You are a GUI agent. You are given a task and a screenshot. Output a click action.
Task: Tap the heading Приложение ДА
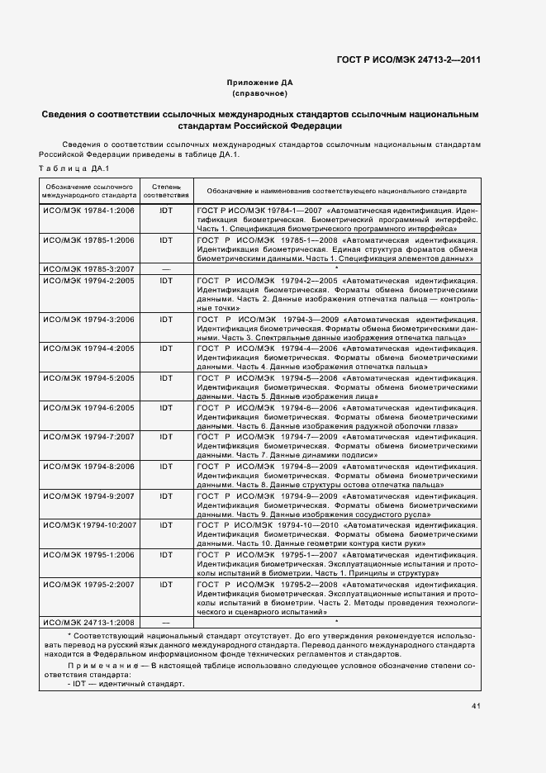[259, 83]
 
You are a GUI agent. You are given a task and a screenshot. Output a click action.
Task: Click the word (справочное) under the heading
[259, 94]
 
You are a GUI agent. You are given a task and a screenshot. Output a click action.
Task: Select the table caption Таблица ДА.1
[69, 169]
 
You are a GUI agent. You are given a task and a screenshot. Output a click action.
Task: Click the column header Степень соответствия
[166, 192]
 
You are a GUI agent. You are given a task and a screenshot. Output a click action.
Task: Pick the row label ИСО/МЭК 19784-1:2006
[88, 211]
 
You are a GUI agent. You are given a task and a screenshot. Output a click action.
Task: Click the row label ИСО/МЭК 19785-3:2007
[88, 268]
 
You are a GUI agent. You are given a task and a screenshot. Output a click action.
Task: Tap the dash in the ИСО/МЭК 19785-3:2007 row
[166, 268]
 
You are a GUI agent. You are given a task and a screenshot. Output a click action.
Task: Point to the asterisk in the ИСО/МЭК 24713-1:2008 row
[336, 619]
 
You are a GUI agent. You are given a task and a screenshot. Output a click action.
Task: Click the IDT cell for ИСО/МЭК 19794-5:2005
[166, 378]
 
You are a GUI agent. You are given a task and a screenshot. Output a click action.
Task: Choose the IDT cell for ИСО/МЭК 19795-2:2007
[166, 585]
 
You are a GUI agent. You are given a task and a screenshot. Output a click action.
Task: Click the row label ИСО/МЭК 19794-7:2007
[88, 436]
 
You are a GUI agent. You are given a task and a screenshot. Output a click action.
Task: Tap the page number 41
[477, 706]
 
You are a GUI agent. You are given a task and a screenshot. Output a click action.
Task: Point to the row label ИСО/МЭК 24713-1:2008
[88, 620]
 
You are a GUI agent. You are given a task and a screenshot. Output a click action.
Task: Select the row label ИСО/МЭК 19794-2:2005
[88, 281]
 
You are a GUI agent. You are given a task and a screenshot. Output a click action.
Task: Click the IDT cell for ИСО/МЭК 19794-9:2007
[166, 496]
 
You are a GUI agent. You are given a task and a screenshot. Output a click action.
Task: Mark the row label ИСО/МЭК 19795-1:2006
[88, 556]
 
